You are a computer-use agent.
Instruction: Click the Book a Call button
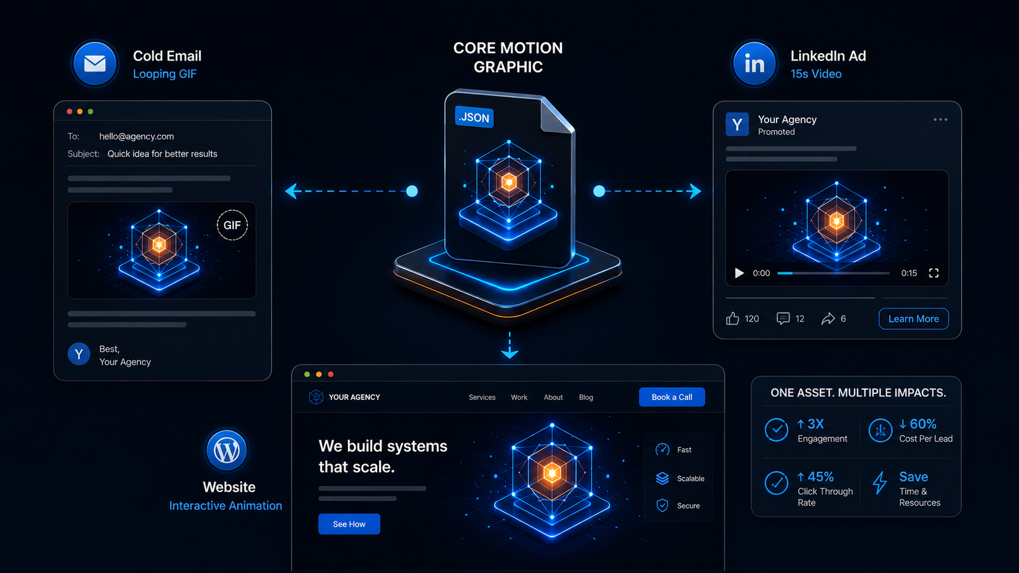672,396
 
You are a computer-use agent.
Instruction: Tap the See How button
349,524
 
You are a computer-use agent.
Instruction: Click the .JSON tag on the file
474,118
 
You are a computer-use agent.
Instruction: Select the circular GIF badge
232,225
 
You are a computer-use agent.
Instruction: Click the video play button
739,273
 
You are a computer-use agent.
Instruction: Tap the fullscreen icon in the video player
934,273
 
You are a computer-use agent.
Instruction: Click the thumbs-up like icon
733,318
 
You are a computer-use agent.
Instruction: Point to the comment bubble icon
783,318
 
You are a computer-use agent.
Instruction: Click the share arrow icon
828,318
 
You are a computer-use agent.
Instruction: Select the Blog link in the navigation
586,397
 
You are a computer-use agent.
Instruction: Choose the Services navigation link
482,397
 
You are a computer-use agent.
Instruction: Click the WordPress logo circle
227,451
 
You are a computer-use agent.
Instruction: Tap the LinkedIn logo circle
754,63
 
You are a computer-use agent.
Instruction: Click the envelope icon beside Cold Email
94,63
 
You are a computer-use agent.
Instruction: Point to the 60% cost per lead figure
918,424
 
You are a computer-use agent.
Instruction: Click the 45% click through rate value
815,477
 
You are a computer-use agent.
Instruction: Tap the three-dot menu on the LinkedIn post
940,119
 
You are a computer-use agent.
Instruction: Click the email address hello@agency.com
137,136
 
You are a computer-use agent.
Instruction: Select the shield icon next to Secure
662,505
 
